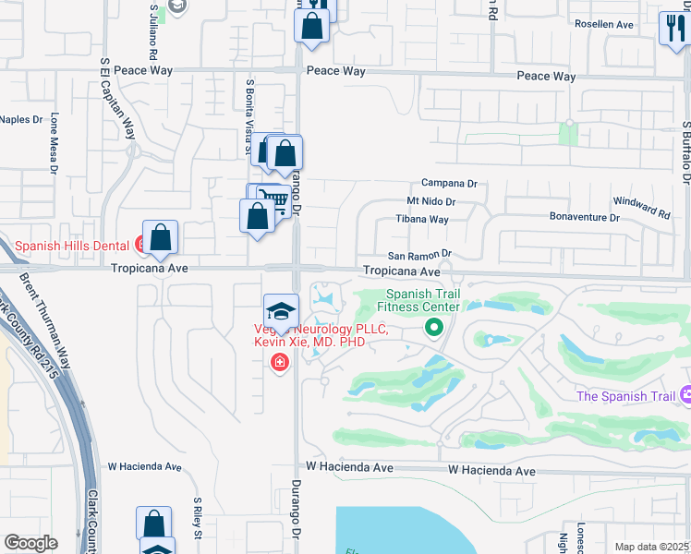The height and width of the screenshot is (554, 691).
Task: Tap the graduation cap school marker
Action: (281, 310)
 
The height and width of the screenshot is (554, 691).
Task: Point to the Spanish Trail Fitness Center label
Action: (422, 300)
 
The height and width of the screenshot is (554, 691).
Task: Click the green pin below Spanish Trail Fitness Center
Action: (432, 327)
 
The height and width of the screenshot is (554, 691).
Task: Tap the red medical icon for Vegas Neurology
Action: (279, 362)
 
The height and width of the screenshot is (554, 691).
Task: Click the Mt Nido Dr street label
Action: (431, 201)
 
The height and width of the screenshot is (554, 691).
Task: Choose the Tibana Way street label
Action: (422, 220)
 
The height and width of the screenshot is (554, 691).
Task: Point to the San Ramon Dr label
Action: (418, 254)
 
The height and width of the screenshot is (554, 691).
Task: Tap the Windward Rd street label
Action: (642, 207)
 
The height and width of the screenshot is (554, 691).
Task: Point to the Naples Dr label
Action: (21, 119)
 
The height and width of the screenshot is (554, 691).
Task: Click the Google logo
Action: (30, 543)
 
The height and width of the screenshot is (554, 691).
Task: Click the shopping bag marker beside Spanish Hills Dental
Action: (161, 237)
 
